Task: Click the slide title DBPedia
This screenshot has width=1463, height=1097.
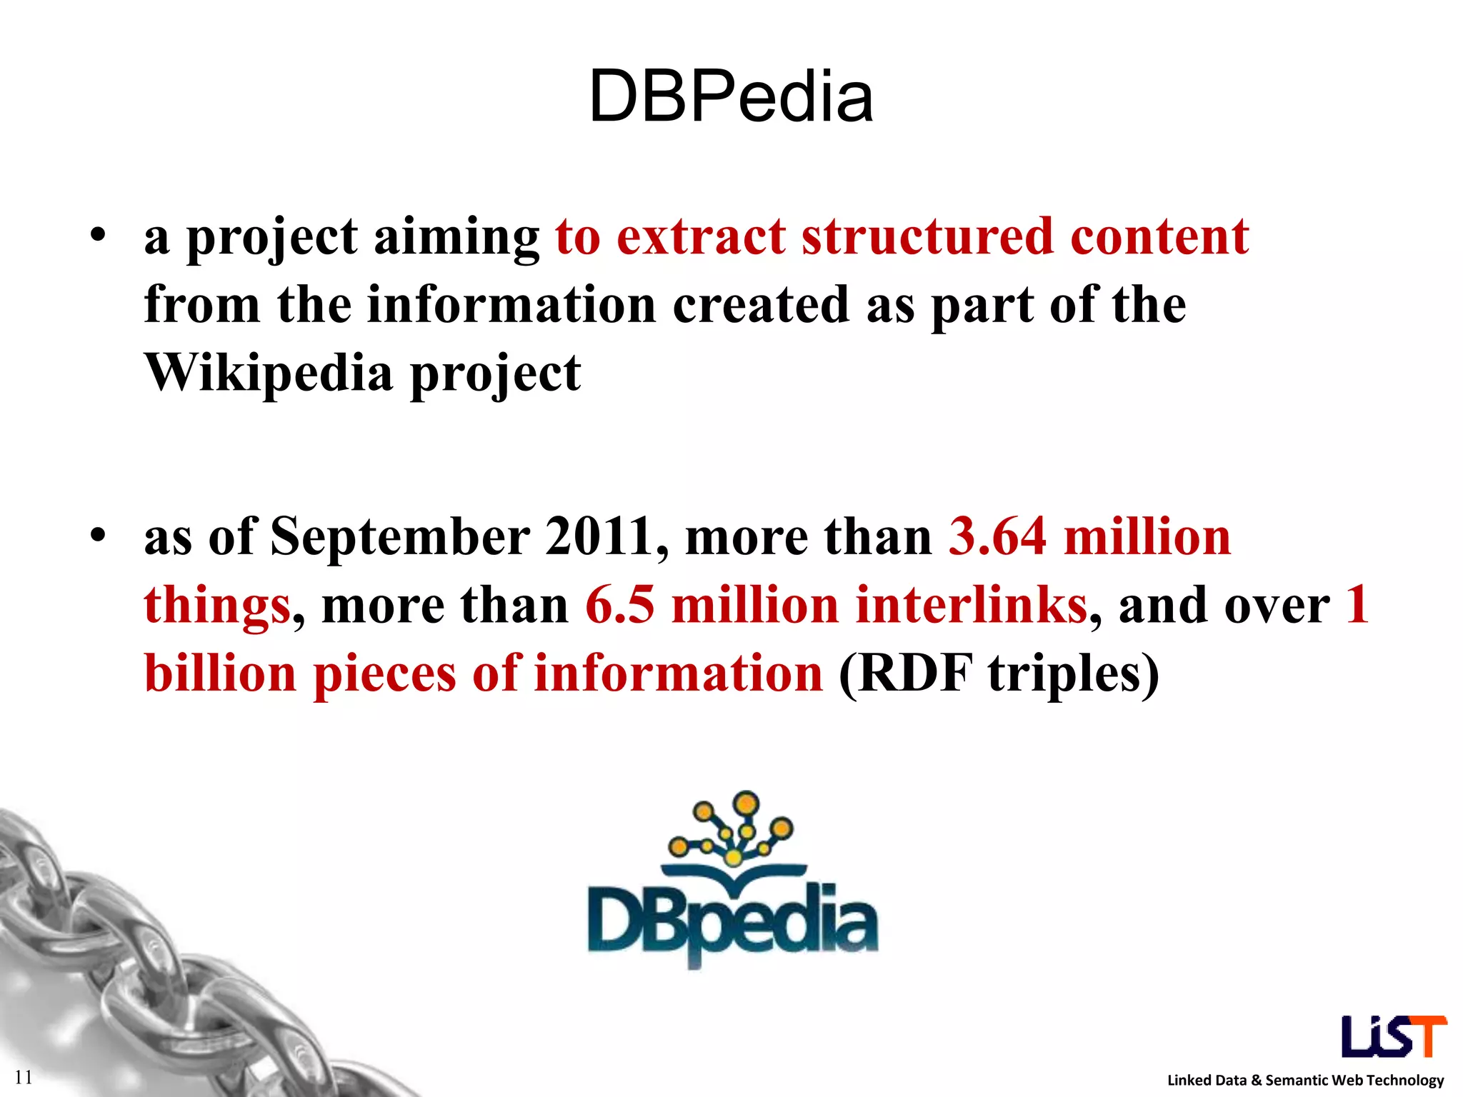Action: (x=731, y=97)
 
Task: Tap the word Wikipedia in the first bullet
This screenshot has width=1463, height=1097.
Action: (x=268, y=373)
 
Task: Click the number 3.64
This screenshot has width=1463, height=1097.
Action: (x=997, y=537)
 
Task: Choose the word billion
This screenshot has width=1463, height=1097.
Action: (x=220, y=674)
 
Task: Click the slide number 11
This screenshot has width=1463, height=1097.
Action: (x=24, y=1077)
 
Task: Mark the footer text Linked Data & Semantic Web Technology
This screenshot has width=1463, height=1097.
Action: (x=1305, y=1080)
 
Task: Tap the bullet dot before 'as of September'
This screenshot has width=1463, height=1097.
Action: (x=98, y=535)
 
